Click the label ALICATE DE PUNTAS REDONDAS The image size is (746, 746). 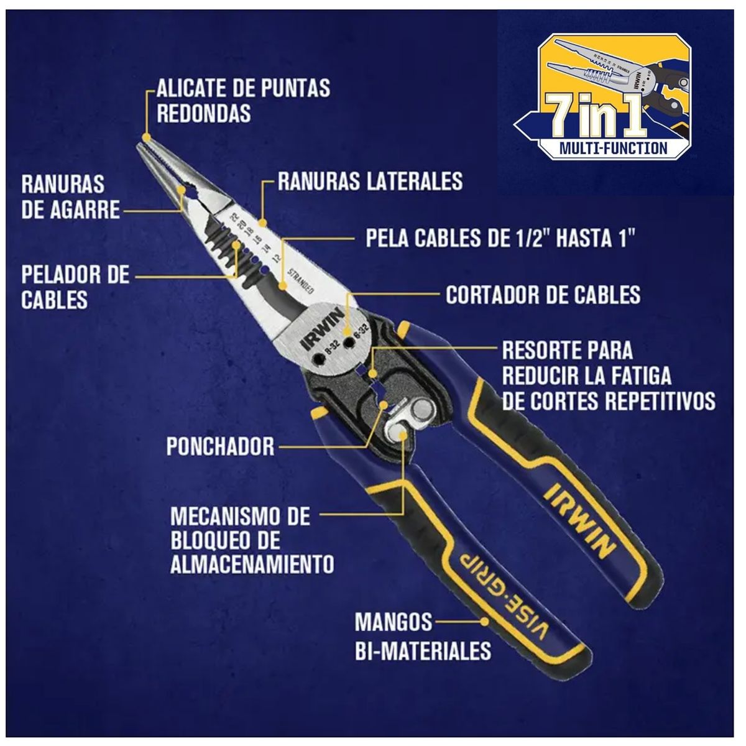click(x=244, y=101)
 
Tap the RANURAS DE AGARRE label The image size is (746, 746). click(x=70, y=197)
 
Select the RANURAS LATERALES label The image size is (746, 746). click(x=370, y=181)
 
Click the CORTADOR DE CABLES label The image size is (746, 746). click(x=543, y=295)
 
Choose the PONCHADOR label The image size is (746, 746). click(x=220, y=446)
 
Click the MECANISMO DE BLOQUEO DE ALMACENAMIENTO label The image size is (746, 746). click(x=252, y=540)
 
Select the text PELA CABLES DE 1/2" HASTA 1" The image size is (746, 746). click(x=500, y=237)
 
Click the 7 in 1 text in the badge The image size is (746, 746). click(x=596, y=115)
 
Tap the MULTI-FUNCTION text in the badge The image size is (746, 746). click(x=614, y=149)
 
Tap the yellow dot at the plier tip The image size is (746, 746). click(x=146, y=137)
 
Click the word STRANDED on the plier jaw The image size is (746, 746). click(x=301, y=280)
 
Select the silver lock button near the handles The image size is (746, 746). click(x=421, y=410)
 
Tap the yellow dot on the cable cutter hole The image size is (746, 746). click(x=348, y=331)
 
